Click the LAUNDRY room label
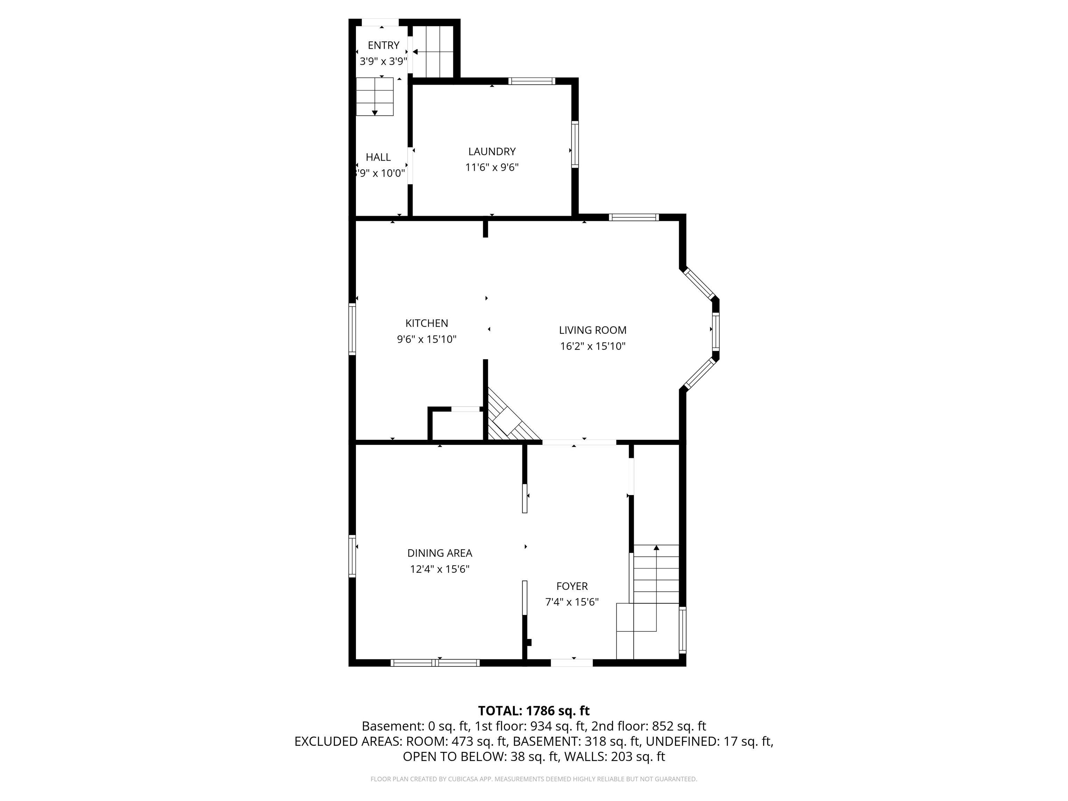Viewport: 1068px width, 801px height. pyautogui.click(x=492, y=151)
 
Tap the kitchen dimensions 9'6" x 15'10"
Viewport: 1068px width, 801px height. pyautogui.click(x=426, y=339)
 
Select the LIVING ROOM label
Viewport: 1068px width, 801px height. pyautogui.click(x=592, y=330)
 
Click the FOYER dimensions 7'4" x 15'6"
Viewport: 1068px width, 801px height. pyautogui.click(x=572, y=602)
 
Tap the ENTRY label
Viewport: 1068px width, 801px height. pyautogui.click(x=383, y=46)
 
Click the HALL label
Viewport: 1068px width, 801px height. pyautogui.click(x=378, y=157)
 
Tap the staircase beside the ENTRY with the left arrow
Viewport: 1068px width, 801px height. pyautogui.click(x=433, y=52)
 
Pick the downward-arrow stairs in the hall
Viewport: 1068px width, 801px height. pyautogui.click(x=375, y=97)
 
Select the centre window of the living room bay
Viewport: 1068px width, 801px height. pyautogui.click(x=715, y=331)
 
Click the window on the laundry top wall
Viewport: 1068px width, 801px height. pyautogui.click(x=532, y=81)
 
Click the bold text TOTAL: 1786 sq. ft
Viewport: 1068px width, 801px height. pyautogui.click(x=534, y=711)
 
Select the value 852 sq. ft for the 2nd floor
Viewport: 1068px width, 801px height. pyautogui.click(x=678, y=726)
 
